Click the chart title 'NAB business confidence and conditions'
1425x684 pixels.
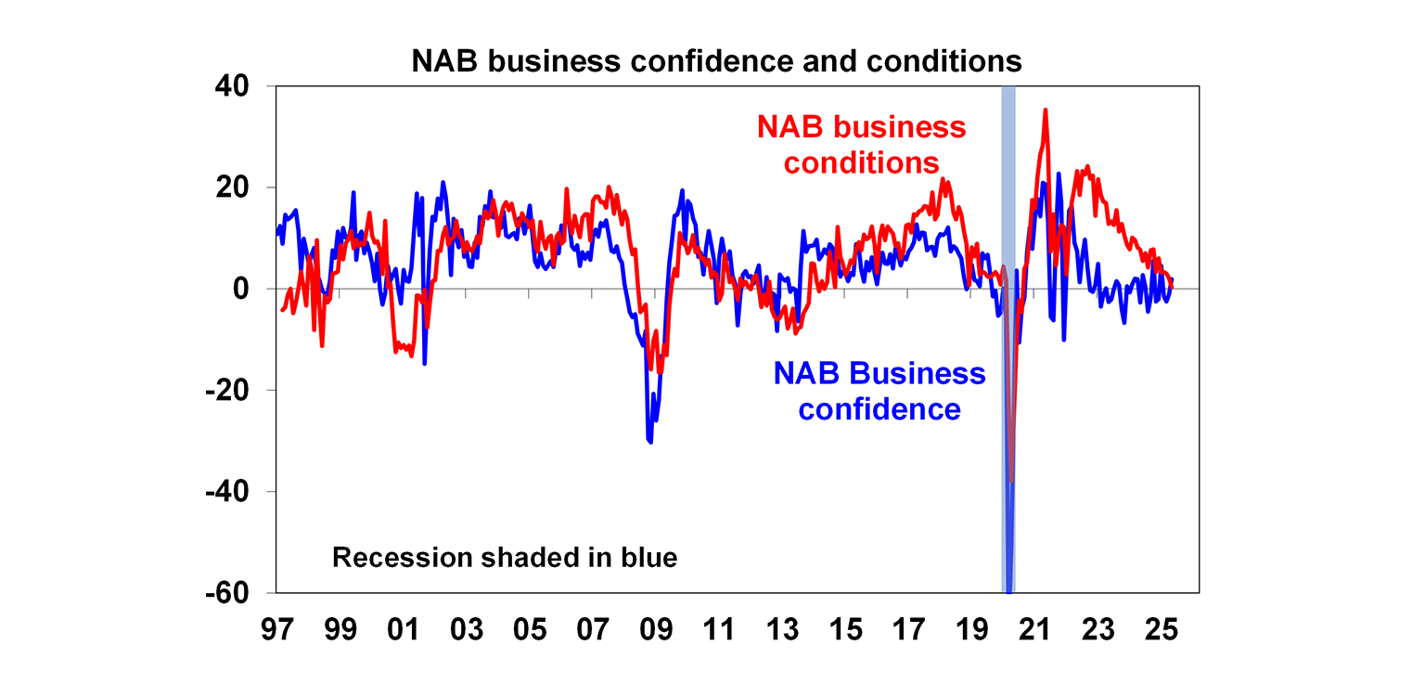point(716,61)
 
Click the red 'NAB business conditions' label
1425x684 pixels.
point(862,145)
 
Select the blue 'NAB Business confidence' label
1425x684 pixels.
point(879,391)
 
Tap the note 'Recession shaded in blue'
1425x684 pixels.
point(505,559)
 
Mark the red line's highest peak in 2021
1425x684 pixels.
point(1046,110)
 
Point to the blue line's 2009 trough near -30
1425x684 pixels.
point(650,442)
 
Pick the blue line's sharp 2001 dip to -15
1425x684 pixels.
point(424,363)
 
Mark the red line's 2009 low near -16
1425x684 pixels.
point(661,370)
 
